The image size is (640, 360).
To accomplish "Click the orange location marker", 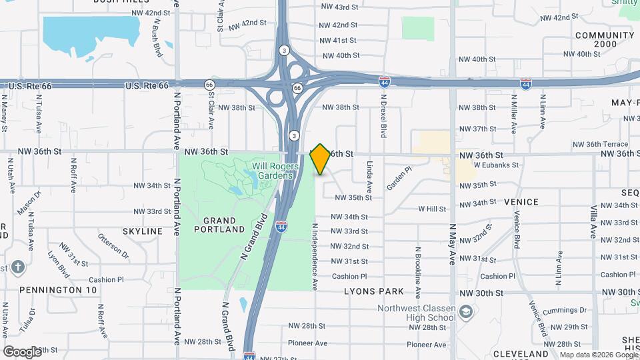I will [320, 159].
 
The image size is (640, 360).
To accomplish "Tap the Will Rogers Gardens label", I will [273, 171].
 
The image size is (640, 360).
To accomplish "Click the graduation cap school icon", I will [466, 312].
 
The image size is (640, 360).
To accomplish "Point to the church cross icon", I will [18, 267].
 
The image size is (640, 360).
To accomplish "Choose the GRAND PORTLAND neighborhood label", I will [219, 225].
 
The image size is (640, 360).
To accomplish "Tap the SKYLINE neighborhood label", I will [142, 231].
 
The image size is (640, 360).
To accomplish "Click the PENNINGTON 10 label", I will [58, 290].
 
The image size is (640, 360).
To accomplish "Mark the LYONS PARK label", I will [374, 291].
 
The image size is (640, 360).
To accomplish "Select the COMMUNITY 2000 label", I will [605, 39].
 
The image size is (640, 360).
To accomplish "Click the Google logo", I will [22, 351].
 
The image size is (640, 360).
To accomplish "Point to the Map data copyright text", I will [598, 355].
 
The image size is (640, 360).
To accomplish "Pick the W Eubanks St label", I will [495, 164].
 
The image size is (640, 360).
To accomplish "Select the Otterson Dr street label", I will [113, 244].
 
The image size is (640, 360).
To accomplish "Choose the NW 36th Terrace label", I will [600, 144].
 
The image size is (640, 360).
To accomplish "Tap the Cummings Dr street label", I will [564, 311].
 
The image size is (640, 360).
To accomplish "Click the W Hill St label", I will [432, 209].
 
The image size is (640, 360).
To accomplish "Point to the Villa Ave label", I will [593, 221].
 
